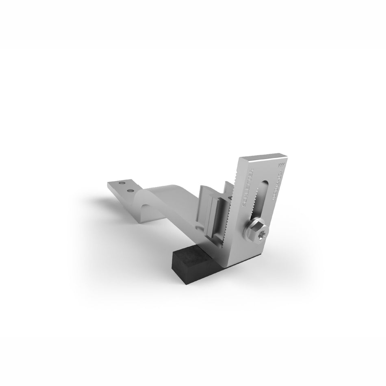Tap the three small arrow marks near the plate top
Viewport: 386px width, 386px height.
(280, 165)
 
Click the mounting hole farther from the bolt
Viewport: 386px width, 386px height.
(121, 184)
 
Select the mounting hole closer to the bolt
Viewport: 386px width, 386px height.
(130, 189)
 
